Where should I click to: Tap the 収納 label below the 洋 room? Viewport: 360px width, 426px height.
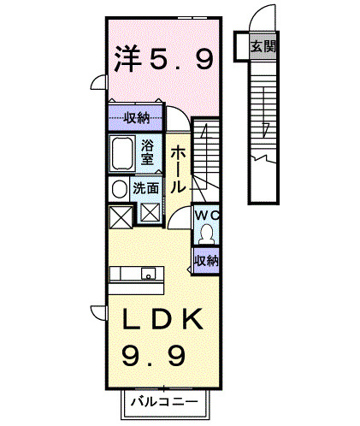coord(135,117)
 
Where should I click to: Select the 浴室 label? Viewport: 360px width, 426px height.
coord(148,151)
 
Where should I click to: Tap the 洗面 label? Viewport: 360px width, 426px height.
coord(145,187)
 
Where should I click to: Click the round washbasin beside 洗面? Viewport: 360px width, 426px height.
coord(117,187)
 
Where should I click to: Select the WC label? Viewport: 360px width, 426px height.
coord(206,215)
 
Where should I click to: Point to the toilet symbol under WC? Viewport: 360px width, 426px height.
coord(206,232)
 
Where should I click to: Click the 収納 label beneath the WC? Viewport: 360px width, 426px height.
coord(206,259)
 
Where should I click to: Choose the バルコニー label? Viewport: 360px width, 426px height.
coord(164,401)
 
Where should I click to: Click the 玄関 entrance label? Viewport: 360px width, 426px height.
coord(263,46)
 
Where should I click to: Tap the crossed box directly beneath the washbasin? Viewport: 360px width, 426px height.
coord(120,216)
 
